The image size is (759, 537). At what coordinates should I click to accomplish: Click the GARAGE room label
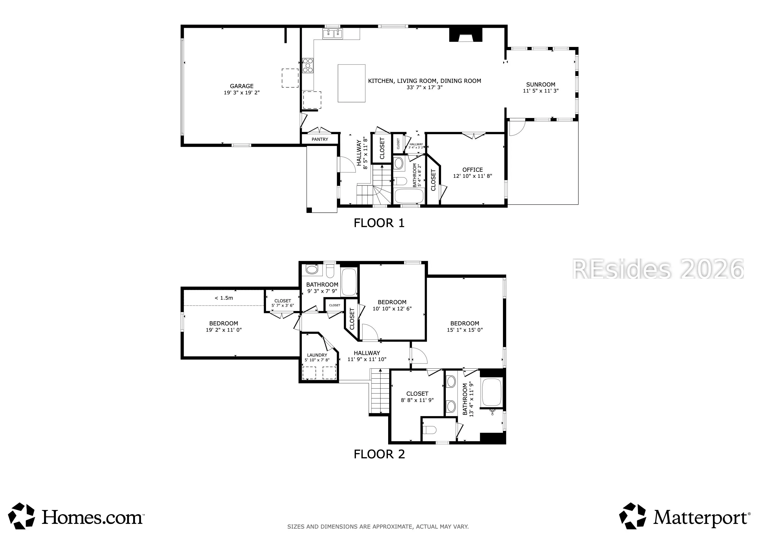click(242, 86)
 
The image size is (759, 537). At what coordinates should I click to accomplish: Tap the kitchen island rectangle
click(351, 83)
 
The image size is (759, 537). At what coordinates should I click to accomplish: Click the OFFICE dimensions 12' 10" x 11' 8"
click(472, 176)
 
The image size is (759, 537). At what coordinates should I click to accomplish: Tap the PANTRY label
click(320, 139)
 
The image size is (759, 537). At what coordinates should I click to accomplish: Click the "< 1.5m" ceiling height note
click(224, 298)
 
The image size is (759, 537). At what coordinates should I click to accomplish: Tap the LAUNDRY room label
click(317, 355)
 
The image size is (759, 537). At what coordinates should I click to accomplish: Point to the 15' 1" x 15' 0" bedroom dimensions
click(465, 330)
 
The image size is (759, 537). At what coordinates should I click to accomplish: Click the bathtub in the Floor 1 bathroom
click(409, 196)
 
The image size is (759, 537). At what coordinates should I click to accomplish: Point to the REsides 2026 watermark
click(658, 268)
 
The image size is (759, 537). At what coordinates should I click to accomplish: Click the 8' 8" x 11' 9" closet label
click(417, 396)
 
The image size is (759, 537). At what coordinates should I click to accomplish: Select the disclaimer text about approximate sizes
click(378, 527)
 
